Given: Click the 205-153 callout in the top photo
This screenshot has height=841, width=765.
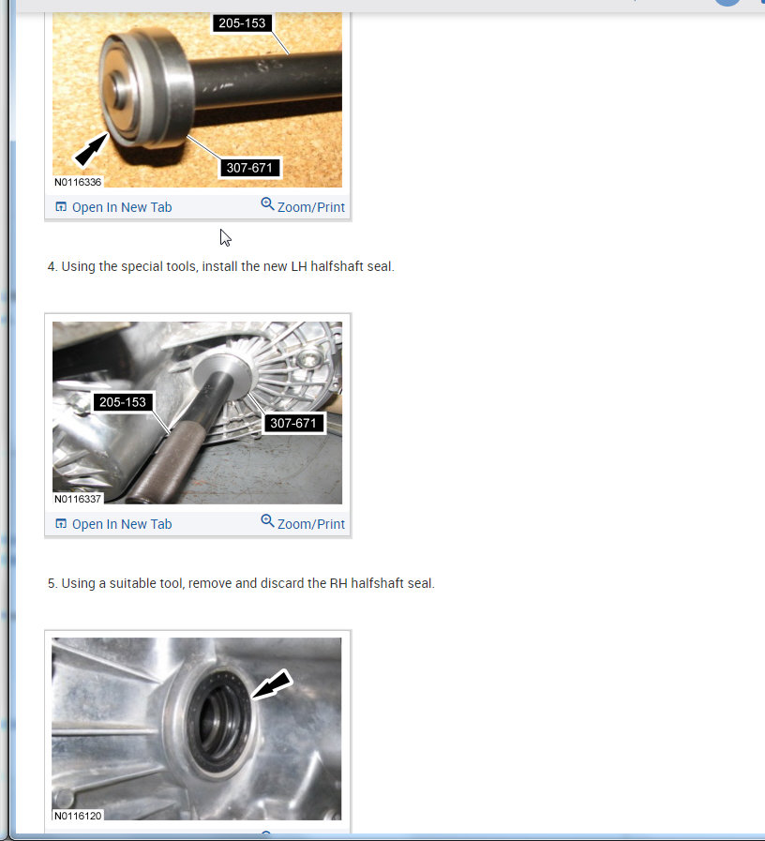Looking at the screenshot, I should [241, 23].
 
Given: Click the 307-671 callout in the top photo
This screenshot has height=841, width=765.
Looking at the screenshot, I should [248, 168].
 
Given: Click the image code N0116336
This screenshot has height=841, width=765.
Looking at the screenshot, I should [78, 182].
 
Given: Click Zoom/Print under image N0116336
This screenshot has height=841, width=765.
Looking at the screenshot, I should [310, 207].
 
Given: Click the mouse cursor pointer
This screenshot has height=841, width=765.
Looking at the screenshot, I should [225, 237].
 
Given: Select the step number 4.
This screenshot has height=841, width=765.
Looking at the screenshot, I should [52, 266].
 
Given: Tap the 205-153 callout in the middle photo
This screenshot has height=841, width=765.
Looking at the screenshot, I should [121, 402].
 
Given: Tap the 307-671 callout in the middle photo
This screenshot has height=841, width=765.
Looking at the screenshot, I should [293, 423].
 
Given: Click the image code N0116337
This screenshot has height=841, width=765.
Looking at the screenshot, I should [78, 499].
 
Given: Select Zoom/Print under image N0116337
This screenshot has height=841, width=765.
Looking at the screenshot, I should [310, 524].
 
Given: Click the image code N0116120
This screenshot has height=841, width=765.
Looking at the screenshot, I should [78, 816].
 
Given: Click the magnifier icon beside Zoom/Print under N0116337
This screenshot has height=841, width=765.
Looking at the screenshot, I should [267, 521].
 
